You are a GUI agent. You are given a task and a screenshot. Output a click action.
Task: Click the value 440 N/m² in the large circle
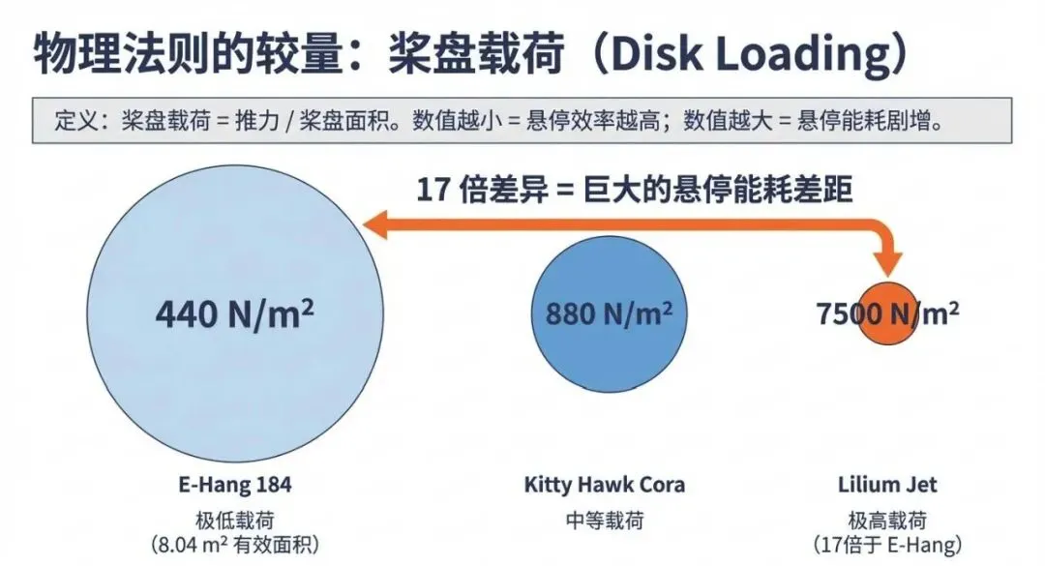coord(235,314)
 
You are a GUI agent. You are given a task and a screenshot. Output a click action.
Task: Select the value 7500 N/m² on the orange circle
coord(887,313)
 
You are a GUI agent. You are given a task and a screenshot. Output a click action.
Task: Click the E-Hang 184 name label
coord(235,484)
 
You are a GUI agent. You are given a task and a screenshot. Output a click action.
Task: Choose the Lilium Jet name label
coord(886,484)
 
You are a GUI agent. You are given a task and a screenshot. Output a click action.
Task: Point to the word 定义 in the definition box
coord(74,123)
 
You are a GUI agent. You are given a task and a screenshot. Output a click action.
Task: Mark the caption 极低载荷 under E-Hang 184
coord(235,520)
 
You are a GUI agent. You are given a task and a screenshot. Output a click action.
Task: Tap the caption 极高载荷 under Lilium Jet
coord(886,520)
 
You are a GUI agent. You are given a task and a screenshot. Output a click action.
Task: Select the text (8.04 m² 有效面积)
coord(235,546)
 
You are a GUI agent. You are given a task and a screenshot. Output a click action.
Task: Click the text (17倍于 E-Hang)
coord(886,546)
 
